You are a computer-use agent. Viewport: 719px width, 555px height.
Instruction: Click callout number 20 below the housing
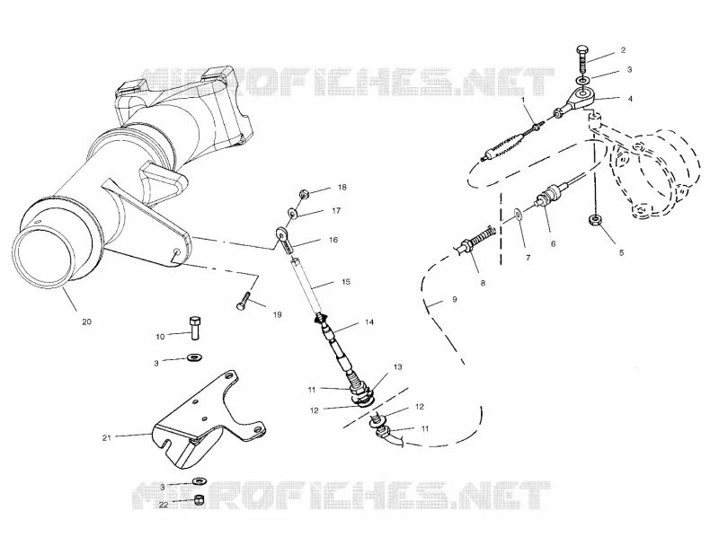86,322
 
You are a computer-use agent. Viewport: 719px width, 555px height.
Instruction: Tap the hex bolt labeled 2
582,57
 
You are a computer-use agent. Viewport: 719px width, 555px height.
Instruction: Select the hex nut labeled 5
594,219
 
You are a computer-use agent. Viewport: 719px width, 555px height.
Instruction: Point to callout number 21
106,437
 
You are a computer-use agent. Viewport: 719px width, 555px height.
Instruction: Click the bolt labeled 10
195,328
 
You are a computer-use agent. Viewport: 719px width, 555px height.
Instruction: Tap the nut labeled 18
304,194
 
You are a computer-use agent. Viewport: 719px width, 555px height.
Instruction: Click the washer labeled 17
292,213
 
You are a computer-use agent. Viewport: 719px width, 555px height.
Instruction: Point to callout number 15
346,281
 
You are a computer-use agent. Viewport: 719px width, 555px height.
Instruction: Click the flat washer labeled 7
519,214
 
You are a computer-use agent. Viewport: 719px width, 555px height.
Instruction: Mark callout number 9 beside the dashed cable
454,299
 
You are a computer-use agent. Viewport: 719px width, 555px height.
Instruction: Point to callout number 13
397,366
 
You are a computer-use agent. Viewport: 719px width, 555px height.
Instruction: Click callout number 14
369,322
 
